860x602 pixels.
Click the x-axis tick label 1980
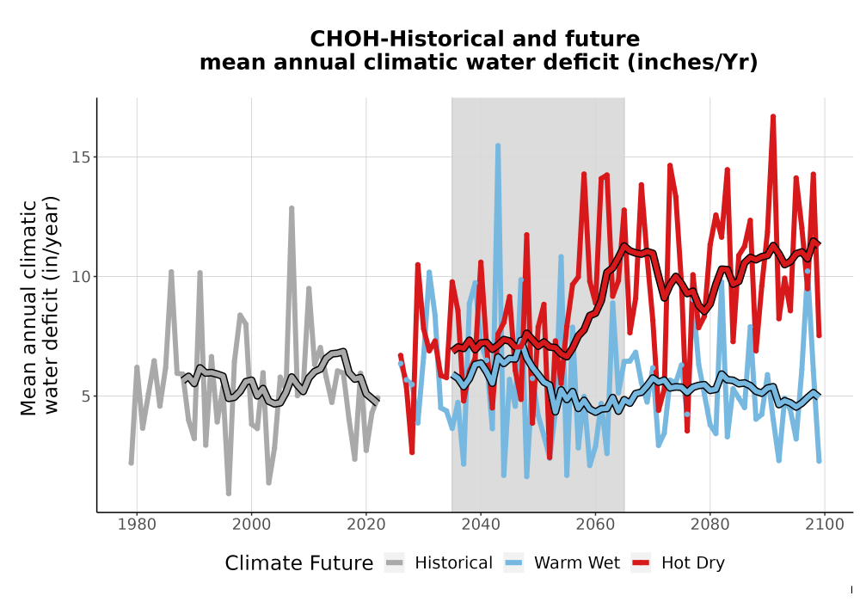(x=137, y=525)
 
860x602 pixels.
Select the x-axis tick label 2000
(x=251, y=525)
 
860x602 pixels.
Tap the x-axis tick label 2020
(x=365, y=525)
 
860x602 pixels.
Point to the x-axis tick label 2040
(x=481, y=525)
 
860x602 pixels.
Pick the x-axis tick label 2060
(x=595, y=525)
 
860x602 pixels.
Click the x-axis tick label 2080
(x=709, y=525)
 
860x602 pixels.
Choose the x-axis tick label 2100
(x=825, y=525)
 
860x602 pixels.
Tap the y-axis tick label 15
(x=81, y=157)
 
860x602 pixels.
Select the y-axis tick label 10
(x=81, y=277)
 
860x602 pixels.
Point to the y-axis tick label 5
(x=85, y=396)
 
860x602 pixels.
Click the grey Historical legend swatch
(x=395, y=563)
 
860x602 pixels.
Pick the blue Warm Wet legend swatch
(x=513, y=563)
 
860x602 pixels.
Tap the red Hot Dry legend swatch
(x=641, y=563)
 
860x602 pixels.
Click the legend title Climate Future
(x=299, y=563)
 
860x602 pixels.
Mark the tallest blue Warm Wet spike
(x=498, y=146)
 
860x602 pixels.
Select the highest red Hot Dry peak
(x=773, y=117)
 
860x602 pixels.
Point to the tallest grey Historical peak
(x=292, y=208)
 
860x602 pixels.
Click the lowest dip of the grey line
(x=229, y=493)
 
